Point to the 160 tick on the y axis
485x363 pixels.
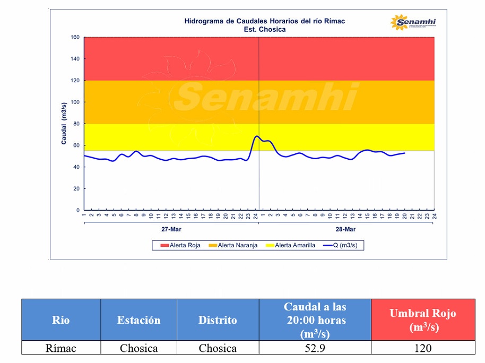coord(75,37)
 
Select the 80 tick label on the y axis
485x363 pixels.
coord(76,124)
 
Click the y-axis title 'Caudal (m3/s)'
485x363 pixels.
coord(64,124)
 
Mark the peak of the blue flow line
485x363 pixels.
coord(257,136)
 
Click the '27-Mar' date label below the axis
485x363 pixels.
coord(171,229)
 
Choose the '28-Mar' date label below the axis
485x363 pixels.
coord(346,229)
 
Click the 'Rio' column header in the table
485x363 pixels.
coord(61,320)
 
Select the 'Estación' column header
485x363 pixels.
coord(138,320)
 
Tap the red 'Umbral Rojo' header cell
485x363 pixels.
coord(423,320)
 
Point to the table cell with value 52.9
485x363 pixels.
coord(315,348)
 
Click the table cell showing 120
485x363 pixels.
coord(423,348)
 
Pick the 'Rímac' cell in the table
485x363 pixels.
coord(61,348)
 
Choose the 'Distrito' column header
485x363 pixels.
coord(218,320)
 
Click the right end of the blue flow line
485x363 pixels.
coord(404,153)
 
